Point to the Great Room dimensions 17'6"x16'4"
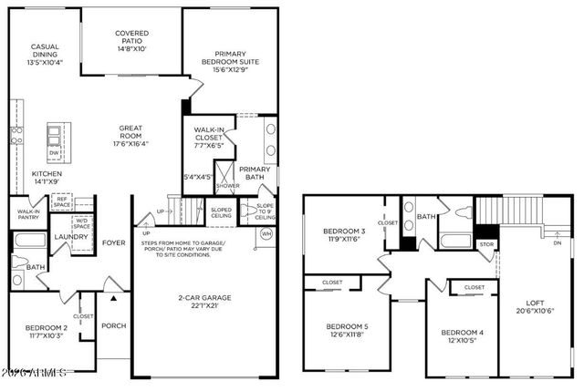click(x=130, y=143)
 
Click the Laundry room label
click(x=70, y=237)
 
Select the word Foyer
click(x=113, y=242)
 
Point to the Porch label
click(x=113, y=325)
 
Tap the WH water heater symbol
click(x=266, y=234)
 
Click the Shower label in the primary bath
click(x=227, y=186)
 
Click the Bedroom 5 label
click(x=347, y=330)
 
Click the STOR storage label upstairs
click(x=486, y=244)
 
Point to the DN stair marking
click(x=557, y=242)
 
